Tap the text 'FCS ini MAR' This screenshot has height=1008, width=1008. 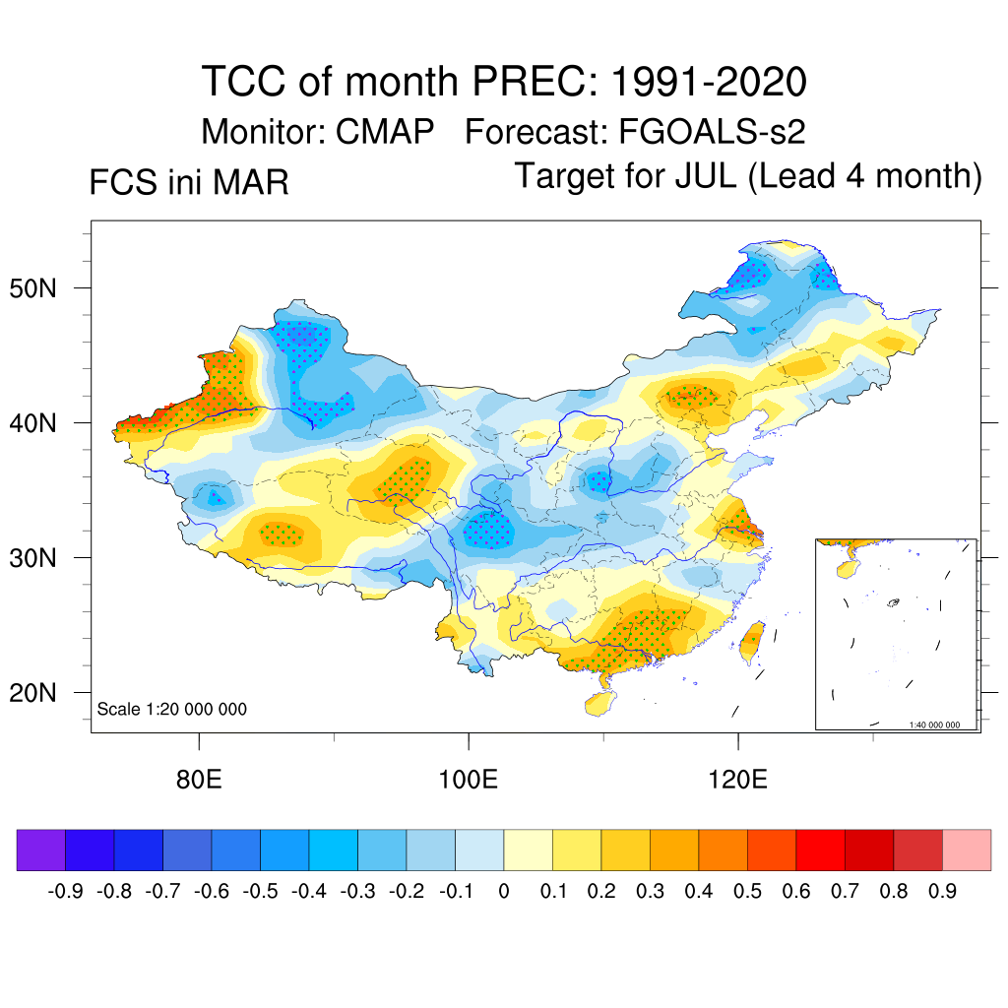[x=189, y=183]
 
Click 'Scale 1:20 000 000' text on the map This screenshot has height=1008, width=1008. [x=172, y=709]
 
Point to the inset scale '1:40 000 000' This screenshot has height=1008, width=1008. [x=941, y=724]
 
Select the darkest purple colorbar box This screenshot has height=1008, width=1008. [x=41, y=850]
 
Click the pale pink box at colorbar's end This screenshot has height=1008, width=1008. [x=967, y=850]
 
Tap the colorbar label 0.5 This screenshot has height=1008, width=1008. [x=748, y=891]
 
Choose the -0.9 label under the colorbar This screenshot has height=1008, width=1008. [x=65, y=891]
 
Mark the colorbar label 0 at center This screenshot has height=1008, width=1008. [x=504, y=891]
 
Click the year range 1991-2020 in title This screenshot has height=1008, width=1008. [x=709, y=81]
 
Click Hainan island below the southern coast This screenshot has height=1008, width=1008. [x=598, y=703]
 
